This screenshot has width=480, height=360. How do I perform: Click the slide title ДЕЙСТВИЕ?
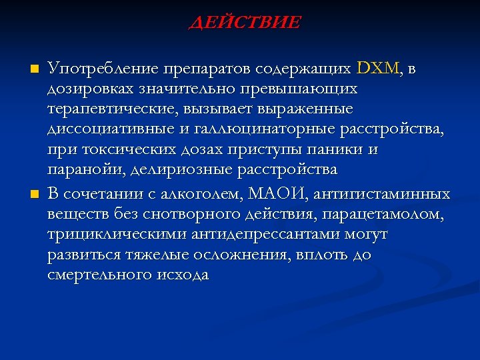click(245, 23)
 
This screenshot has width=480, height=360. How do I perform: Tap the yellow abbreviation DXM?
click(379, 68)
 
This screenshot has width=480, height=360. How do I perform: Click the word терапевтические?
click(102, 108)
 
